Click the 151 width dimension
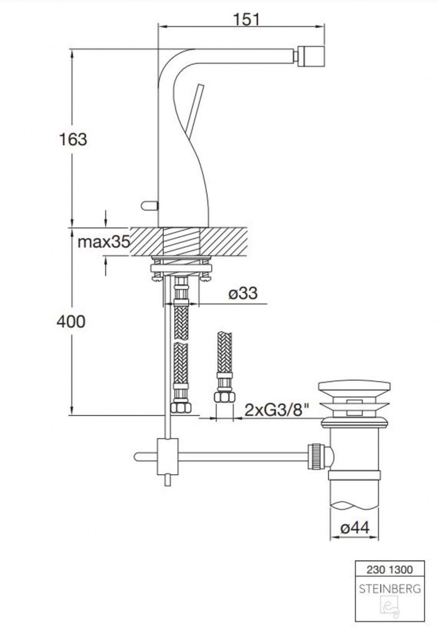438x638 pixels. click(247, 19)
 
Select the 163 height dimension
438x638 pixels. click(74, 140)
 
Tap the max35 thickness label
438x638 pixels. click(104, 242)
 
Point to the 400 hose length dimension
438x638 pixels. click(71, 322)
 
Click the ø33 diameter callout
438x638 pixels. click(243, 293)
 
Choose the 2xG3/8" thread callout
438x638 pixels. click(277, 411)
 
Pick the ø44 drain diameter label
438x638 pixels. click(355, 528)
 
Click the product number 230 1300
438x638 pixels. click(389, 569)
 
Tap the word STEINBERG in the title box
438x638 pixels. click(389, 589)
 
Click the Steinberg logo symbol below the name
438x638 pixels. click(390, 609)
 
